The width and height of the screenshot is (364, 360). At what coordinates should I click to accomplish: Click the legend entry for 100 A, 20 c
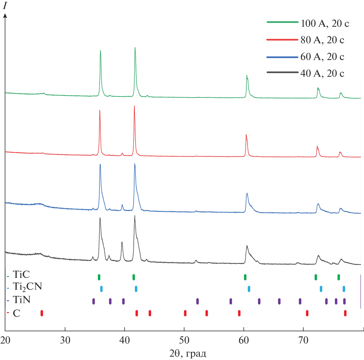[x=325, y=23]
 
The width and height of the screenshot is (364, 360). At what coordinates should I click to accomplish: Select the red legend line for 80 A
[x=282, y=40]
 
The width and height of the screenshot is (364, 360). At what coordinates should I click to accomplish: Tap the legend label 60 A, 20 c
[x=322, y=57]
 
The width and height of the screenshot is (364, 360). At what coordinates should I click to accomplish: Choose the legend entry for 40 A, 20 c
[x=322, y=73]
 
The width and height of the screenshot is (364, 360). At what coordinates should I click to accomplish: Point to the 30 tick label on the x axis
[x=65, y=340]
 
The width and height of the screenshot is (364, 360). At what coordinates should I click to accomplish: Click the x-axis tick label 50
[x=184, y=340]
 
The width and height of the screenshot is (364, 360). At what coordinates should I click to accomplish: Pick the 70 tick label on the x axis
[x=303, y=340]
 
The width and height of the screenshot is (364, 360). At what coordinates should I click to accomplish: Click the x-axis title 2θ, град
[x=188, y=353]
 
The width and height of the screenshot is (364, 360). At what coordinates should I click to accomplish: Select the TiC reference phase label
[x=21, y=275]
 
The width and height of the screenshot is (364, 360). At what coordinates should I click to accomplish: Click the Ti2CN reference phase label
[x=27, y=287]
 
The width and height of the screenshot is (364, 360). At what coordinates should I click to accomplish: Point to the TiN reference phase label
[x=22, y=300]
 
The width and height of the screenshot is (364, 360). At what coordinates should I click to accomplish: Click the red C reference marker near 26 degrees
[x=42, y=313]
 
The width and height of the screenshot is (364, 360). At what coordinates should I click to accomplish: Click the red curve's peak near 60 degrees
[x=246, y=135]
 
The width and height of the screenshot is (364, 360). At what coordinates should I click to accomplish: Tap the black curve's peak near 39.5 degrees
[x=122, y=242]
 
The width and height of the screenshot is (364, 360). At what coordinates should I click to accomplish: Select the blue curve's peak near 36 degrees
[x=100, y=165]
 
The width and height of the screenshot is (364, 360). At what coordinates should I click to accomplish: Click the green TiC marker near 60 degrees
[x=245, y=277]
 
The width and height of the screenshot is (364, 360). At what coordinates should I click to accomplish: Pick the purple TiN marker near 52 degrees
[x=197, y=301]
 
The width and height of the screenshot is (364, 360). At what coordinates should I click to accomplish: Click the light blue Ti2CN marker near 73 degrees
[x=321, y=289]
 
